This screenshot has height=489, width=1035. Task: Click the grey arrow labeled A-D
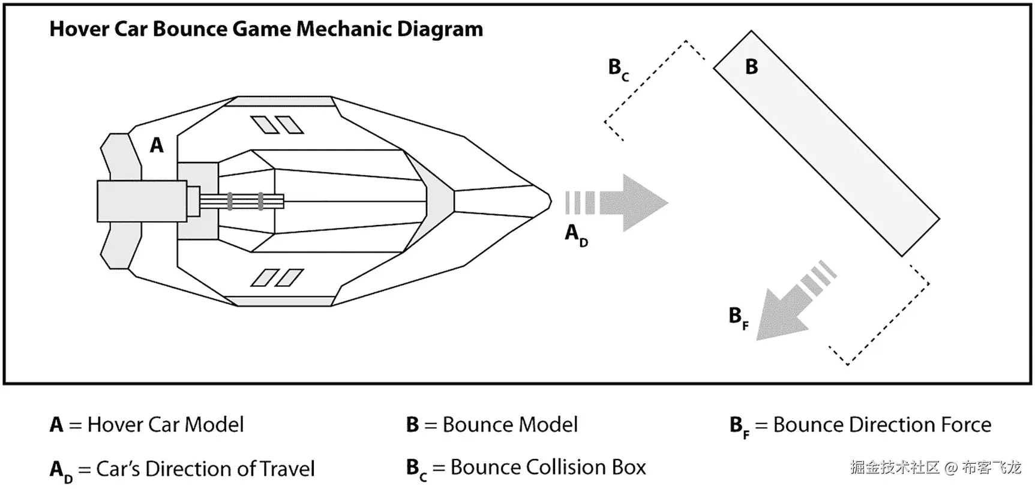click(630, 203)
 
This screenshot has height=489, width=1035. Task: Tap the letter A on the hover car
click(157, 145)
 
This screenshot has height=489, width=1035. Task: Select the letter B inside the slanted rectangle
click(751, 67)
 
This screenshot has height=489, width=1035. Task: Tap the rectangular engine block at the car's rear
click(141, 201)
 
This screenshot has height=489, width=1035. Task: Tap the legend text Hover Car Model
click(166, 425)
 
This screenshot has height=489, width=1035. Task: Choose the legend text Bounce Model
click(510, 425)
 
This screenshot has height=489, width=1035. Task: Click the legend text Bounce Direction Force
click(882, 425)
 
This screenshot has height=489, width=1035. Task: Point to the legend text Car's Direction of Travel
click(205, 469)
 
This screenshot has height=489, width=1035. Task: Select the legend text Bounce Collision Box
click(548, 467)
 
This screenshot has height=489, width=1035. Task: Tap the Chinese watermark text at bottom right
click(935, 467)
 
